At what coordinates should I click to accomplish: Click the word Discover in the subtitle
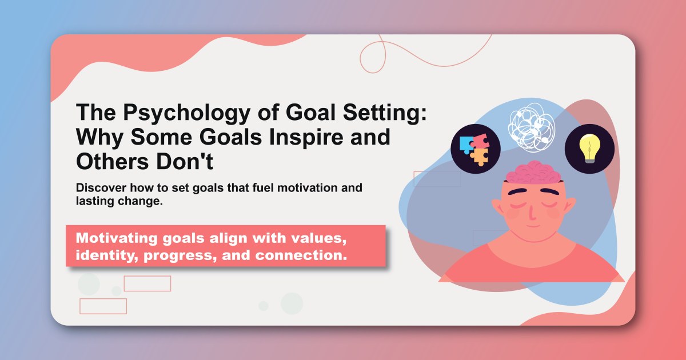(x=102, y=188)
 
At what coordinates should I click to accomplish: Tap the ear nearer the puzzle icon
(x=497, y=206)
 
